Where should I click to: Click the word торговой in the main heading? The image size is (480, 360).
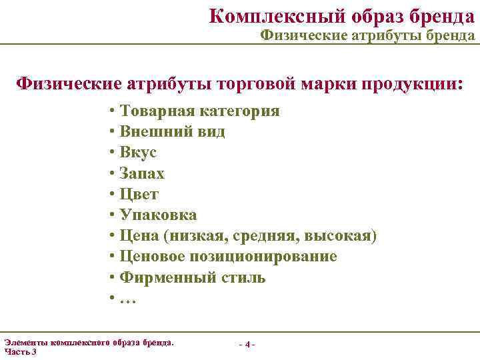(x=259, y=83)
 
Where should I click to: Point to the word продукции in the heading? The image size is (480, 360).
(x=408, y=83)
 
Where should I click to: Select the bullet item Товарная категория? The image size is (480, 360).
(x=199, y=111)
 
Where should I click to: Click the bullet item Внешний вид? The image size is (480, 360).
(x=171, y=131)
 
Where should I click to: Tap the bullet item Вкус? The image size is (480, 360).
(x=138, y=152)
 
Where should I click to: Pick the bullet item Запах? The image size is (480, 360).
(x=141, y=173)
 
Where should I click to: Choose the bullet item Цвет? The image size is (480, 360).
(x=139, y=194)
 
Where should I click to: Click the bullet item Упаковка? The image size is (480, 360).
(x=157, y=215)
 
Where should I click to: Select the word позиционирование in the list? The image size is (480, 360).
(x=271, y=257)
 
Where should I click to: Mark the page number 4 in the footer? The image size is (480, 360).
(x=247, y=345)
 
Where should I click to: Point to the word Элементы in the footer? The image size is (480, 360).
(x=25, y=342)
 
